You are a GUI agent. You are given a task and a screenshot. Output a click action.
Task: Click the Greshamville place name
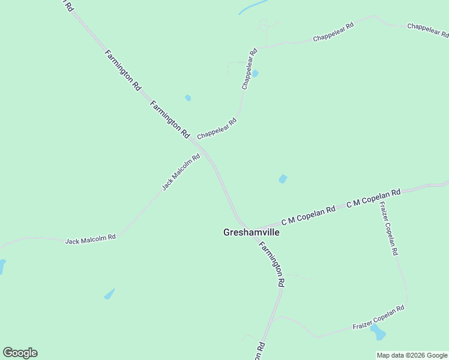click(x=252, y=232)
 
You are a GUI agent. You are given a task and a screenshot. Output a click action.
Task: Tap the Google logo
click(x=20, y=353)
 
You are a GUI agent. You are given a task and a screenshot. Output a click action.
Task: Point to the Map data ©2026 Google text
click(x=412, y=355)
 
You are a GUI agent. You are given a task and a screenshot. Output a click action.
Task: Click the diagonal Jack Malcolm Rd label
click(x=181, y=172)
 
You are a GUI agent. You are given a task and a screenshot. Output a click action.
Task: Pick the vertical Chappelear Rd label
click(x=249, y=69)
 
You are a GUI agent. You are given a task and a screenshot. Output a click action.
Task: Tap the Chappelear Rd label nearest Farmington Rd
click(x=217, y=128)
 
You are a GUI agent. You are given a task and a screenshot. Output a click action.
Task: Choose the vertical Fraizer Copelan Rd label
click(x=388, y=228)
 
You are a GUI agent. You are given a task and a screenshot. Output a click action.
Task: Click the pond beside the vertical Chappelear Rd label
click(x=255, y=74)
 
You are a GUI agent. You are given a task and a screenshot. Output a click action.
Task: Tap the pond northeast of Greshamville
click(x=282, y=179)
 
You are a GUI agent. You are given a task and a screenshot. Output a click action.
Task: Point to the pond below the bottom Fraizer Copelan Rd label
click(x=378, y=332)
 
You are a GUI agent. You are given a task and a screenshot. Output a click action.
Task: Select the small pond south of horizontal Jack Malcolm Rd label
click(x=109, y=294)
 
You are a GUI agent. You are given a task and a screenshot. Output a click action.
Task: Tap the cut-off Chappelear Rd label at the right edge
click(x=427, y=28)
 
